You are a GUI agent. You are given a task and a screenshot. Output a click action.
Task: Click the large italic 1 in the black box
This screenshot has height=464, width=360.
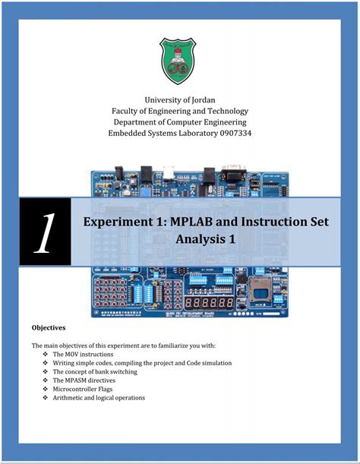pos(45,232)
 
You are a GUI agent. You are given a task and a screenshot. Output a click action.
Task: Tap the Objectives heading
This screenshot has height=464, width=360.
pos(48,328)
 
